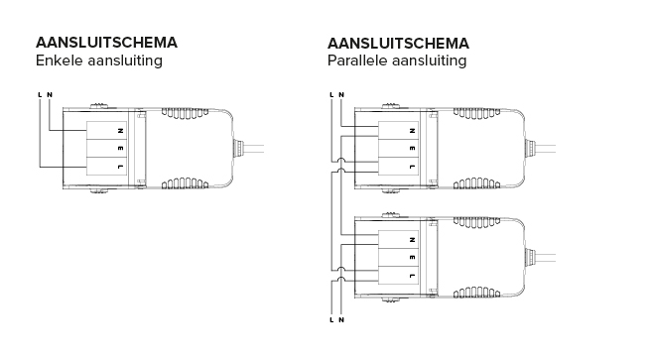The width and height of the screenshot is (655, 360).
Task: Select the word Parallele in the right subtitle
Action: pos(358,61)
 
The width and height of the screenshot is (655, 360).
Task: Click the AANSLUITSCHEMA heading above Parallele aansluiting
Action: pos(398,44)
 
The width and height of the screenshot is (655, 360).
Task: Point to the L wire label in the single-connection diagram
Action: pos(39,94)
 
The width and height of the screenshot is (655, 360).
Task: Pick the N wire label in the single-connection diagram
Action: pos(50,94)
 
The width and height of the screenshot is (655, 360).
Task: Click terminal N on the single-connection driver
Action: pos(120,130)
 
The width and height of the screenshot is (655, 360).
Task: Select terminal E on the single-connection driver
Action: pos(120,148)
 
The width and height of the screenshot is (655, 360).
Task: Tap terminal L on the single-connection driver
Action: pos(120,167)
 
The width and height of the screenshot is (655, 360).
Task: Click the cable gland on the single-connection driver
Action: pos(241,148)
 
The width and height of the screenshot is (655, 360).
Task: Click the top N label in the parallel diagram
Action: pos(341,94)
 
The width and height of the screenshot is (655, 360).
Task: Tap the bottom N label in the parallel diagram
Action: pos(341,320)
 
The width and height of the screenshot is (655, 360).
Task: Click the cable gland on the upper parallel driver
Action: pos(533,148)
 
